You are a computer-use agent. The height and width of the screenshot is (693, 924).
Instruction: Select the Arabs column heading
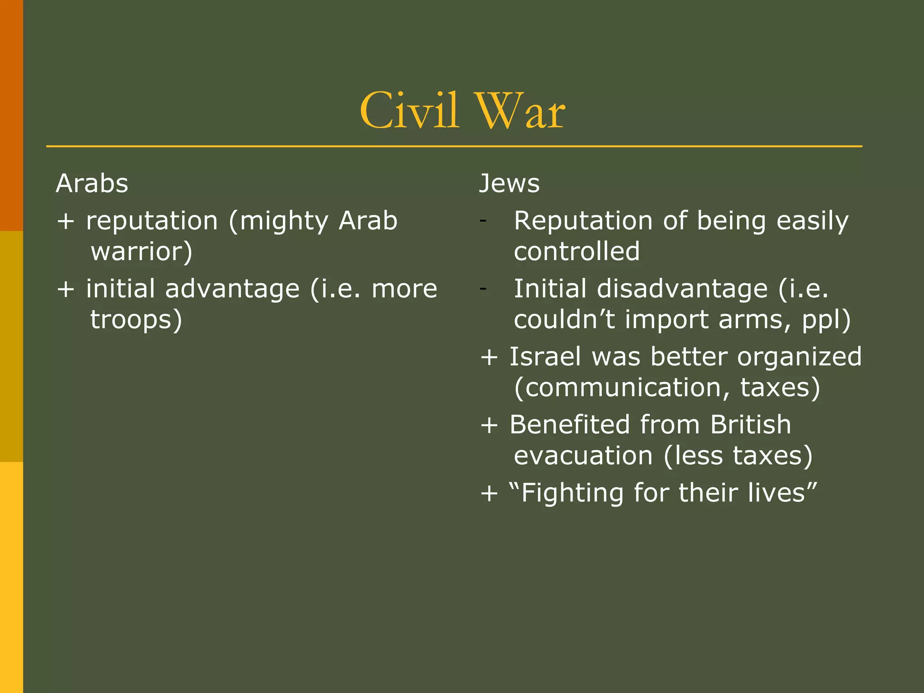pyautogui.click(x=92, y=184)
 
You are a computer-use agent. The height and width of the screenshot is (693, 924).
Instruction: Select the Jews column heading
pyautogui.click(x=509, y=184)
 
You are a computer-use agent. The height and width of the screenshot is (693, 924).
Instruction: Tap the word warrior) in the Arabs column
pyautogui.click(x=142, y=252)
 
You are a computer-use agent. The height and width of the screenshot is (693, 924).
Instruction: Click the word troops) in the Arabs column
pyautogui.click(x=136, y=320)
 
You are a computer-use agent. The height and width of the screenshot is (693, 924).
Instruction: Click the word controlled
pyautogui.click(x=577, y=252)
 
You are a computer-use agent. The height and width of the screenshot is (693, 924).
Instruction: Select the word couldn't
pyautogui.click(x=564, y=320)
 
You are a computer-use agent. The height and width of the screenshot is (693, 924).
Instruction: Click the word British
pyautogui.click(x=750, y=425)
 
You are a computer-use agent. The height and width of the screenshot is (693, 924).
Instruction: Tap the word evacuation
pyautogui.click(x=583, y=456)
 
